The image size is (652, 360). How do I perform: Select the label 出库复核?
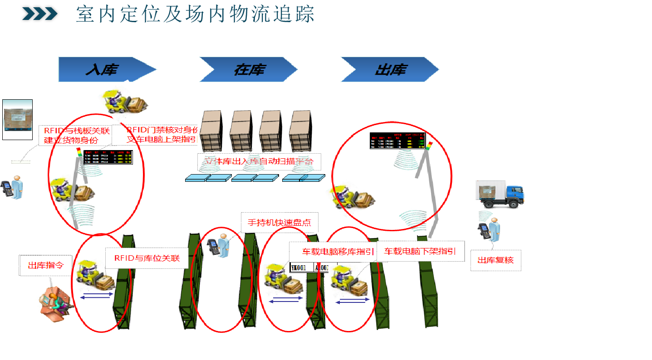[495, 260]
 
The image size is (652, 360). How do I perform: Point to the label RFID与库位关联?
[147, 258]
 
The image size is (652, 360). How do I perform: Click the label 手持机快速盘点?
[279, 223]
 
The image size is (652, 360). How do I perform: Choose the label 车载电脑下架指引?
[420, 251]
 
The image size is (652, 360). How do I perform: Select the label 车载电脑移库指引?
[338, 252]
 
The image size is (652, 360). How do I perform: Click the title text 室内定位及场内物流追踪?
[195, 14]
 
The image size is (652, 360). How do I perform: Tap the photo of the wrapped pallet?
[18, 119]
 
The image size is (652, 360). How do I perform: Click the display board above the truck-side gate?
[397, 141]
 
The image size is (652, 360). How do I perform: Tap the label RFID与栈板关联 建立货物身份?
[77, 136]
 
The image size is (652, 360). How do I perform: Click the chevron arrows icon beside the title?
[40, 14]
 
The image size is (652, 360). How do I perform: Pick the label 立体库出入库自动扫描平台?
[259, 161]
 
